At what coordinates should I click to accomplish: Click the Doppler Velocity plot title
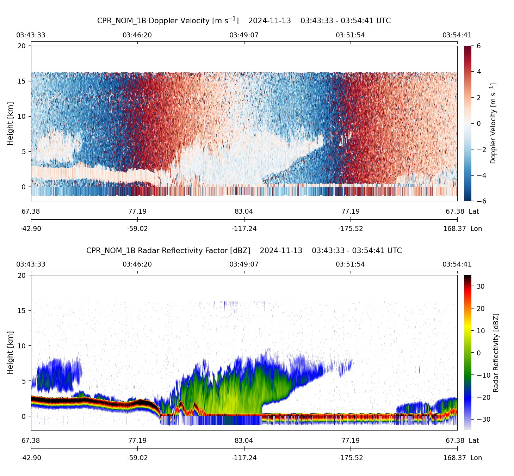click(244, 20)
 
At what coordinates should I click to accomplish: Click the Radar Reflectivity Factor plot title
click(244, 251)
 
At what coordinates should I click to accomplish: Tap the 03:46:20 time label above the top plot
click(137, 35)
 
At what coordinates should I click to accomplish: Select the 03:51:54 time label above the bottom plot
click(350, 264)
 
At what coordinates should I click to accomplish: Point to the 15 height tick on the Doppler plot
click(22, 81)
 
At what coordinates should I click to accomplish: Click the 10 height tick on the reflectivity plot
click(22, 346)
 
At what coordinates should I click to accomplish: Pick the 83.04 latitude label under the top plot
click(244, 212)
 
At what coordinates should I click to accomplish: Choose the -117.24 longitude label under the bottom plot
click(244, 458)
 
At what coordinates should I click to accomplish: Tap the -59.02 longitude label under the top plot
click(137, 229)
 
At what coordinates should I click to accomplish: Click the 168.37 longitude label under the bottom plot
click(454, 458)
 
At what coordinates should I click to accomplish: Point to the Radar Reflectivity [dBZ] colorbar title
click(496, 353)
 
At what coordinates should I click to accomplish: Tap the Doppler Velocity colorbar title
click(493, 123)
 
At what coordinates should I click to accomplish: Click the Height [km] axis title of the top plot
click(10, 123)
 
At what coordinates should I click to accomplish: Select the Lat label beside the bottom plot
click(474, 441)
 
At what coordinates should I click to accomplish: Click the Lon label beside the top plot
click(476, 229)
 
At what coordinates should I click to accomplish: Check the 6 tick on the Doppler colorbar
click(478, 46)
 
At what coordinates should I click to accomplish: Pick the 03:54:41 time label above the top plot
click(457, 35)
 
